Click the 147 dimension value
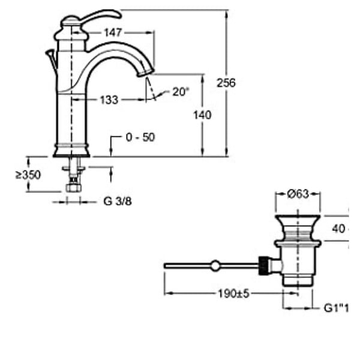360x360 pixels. coord(113,32)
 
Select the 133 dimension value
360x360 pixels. coord(109,100)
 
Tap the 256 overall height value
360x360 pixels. coord(226,83)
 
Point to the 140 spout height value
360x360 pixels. coord(202,115)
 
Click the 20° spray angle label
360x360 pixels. coord(181,92)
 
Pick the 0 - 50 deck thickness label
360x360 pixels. coord(140,137)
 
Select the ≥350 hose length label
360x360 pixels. coord(28,175)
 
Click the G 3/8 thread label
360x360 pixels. coord(118,202)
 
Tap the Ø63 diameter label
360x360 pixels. coord(298,194)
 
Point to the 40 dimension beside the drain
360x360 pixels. coord(338,229)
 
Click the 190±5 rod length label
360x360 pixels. coord(233,293)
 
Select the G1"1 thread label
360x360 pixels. coord(336,308)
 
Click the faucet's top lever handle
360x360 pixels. coord(101,16)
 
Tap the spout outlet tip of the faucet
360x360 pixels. coord(146,73)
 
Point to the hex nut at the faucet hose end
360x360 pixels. coord(73,187)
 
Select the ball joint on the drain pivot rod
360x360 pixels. coord(215,266)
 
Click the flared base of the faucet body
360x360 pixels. coord(71,151)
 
